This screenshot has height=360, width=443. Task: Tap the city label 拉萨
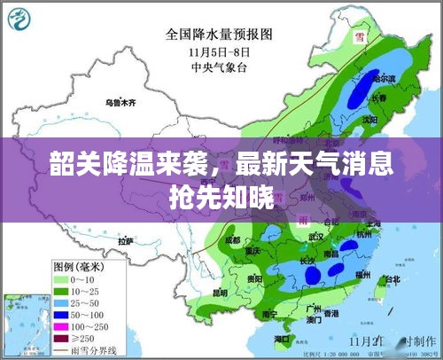125,240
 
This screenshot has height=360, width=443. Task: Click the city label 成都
232,239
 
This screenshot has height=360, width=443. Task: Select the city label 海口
283,339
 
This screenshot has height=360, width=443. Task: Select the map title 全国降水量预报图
219,35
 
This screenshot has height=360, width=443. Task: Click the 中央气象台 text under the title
217,64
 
